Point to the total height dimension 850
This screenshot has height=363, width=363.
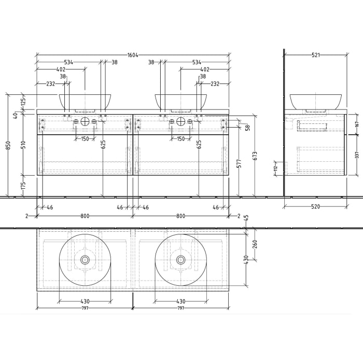(x=7, y=146)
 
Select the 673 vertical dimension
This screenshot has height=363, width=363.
(x=254, y=156)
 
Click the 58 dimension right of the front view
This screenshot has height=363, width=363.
(x=247, y=128)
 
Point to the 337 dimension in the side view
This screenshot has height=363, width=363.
(x=357, y=155)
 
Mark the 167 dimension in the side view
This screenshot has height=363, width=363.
(x=357, y=124)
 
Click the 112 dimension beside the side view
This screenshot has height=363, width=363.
(x=276, y=167)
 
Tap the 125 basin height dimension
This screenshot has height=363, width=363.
(x=23, y=102)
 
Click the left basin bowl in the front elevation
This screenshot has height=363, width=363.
(x=86, y=101)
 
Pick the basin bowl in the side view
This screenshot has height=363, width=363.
(x=315, y=101)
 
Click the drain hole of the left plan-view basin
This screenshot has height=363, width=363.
(x=85, y=259)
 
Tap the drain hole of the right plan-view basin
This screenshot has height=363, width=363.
(x=181, y=259)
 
